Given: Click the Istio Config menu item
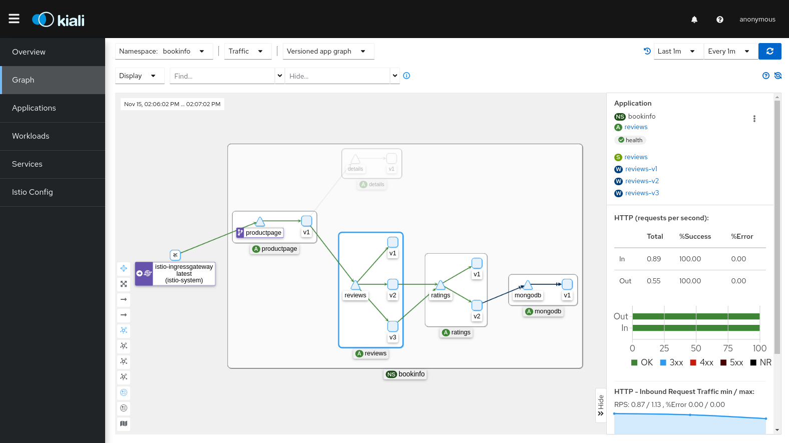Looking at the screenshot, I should click(33, 192).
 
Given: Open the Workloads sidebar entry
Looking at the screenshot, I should click(31, 136).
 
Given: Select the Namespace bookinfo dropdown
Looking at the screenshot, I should click(164, 51).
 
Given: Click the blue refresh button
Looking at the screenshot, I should click(769, 51).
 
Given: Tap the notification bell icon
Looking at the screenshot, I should click(694, 20).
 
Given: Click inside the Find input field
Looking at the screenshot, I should click(221, 76).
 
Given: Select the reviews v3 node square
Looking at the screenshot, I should click(393, 326).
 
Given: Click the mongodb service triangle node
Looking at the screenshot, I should click(528, 285).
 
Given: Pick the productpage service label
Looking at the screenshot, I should click(263, 233).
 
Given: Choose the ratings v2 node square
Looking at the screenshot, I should click(477, 305).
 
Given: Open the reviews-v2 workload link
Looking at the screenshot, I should click(642, 181).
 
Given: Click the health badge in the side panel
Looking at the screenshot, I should click(630, 140).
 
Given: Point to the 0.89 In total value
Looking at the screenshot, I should click(653, 259).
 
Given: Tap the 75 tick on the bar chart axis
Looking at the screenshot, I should click(728, 348).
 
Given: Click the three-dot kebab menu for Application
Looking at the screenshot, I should click(754, 119).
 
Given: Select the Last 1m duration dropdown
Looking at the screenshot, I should click(676, 51).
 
